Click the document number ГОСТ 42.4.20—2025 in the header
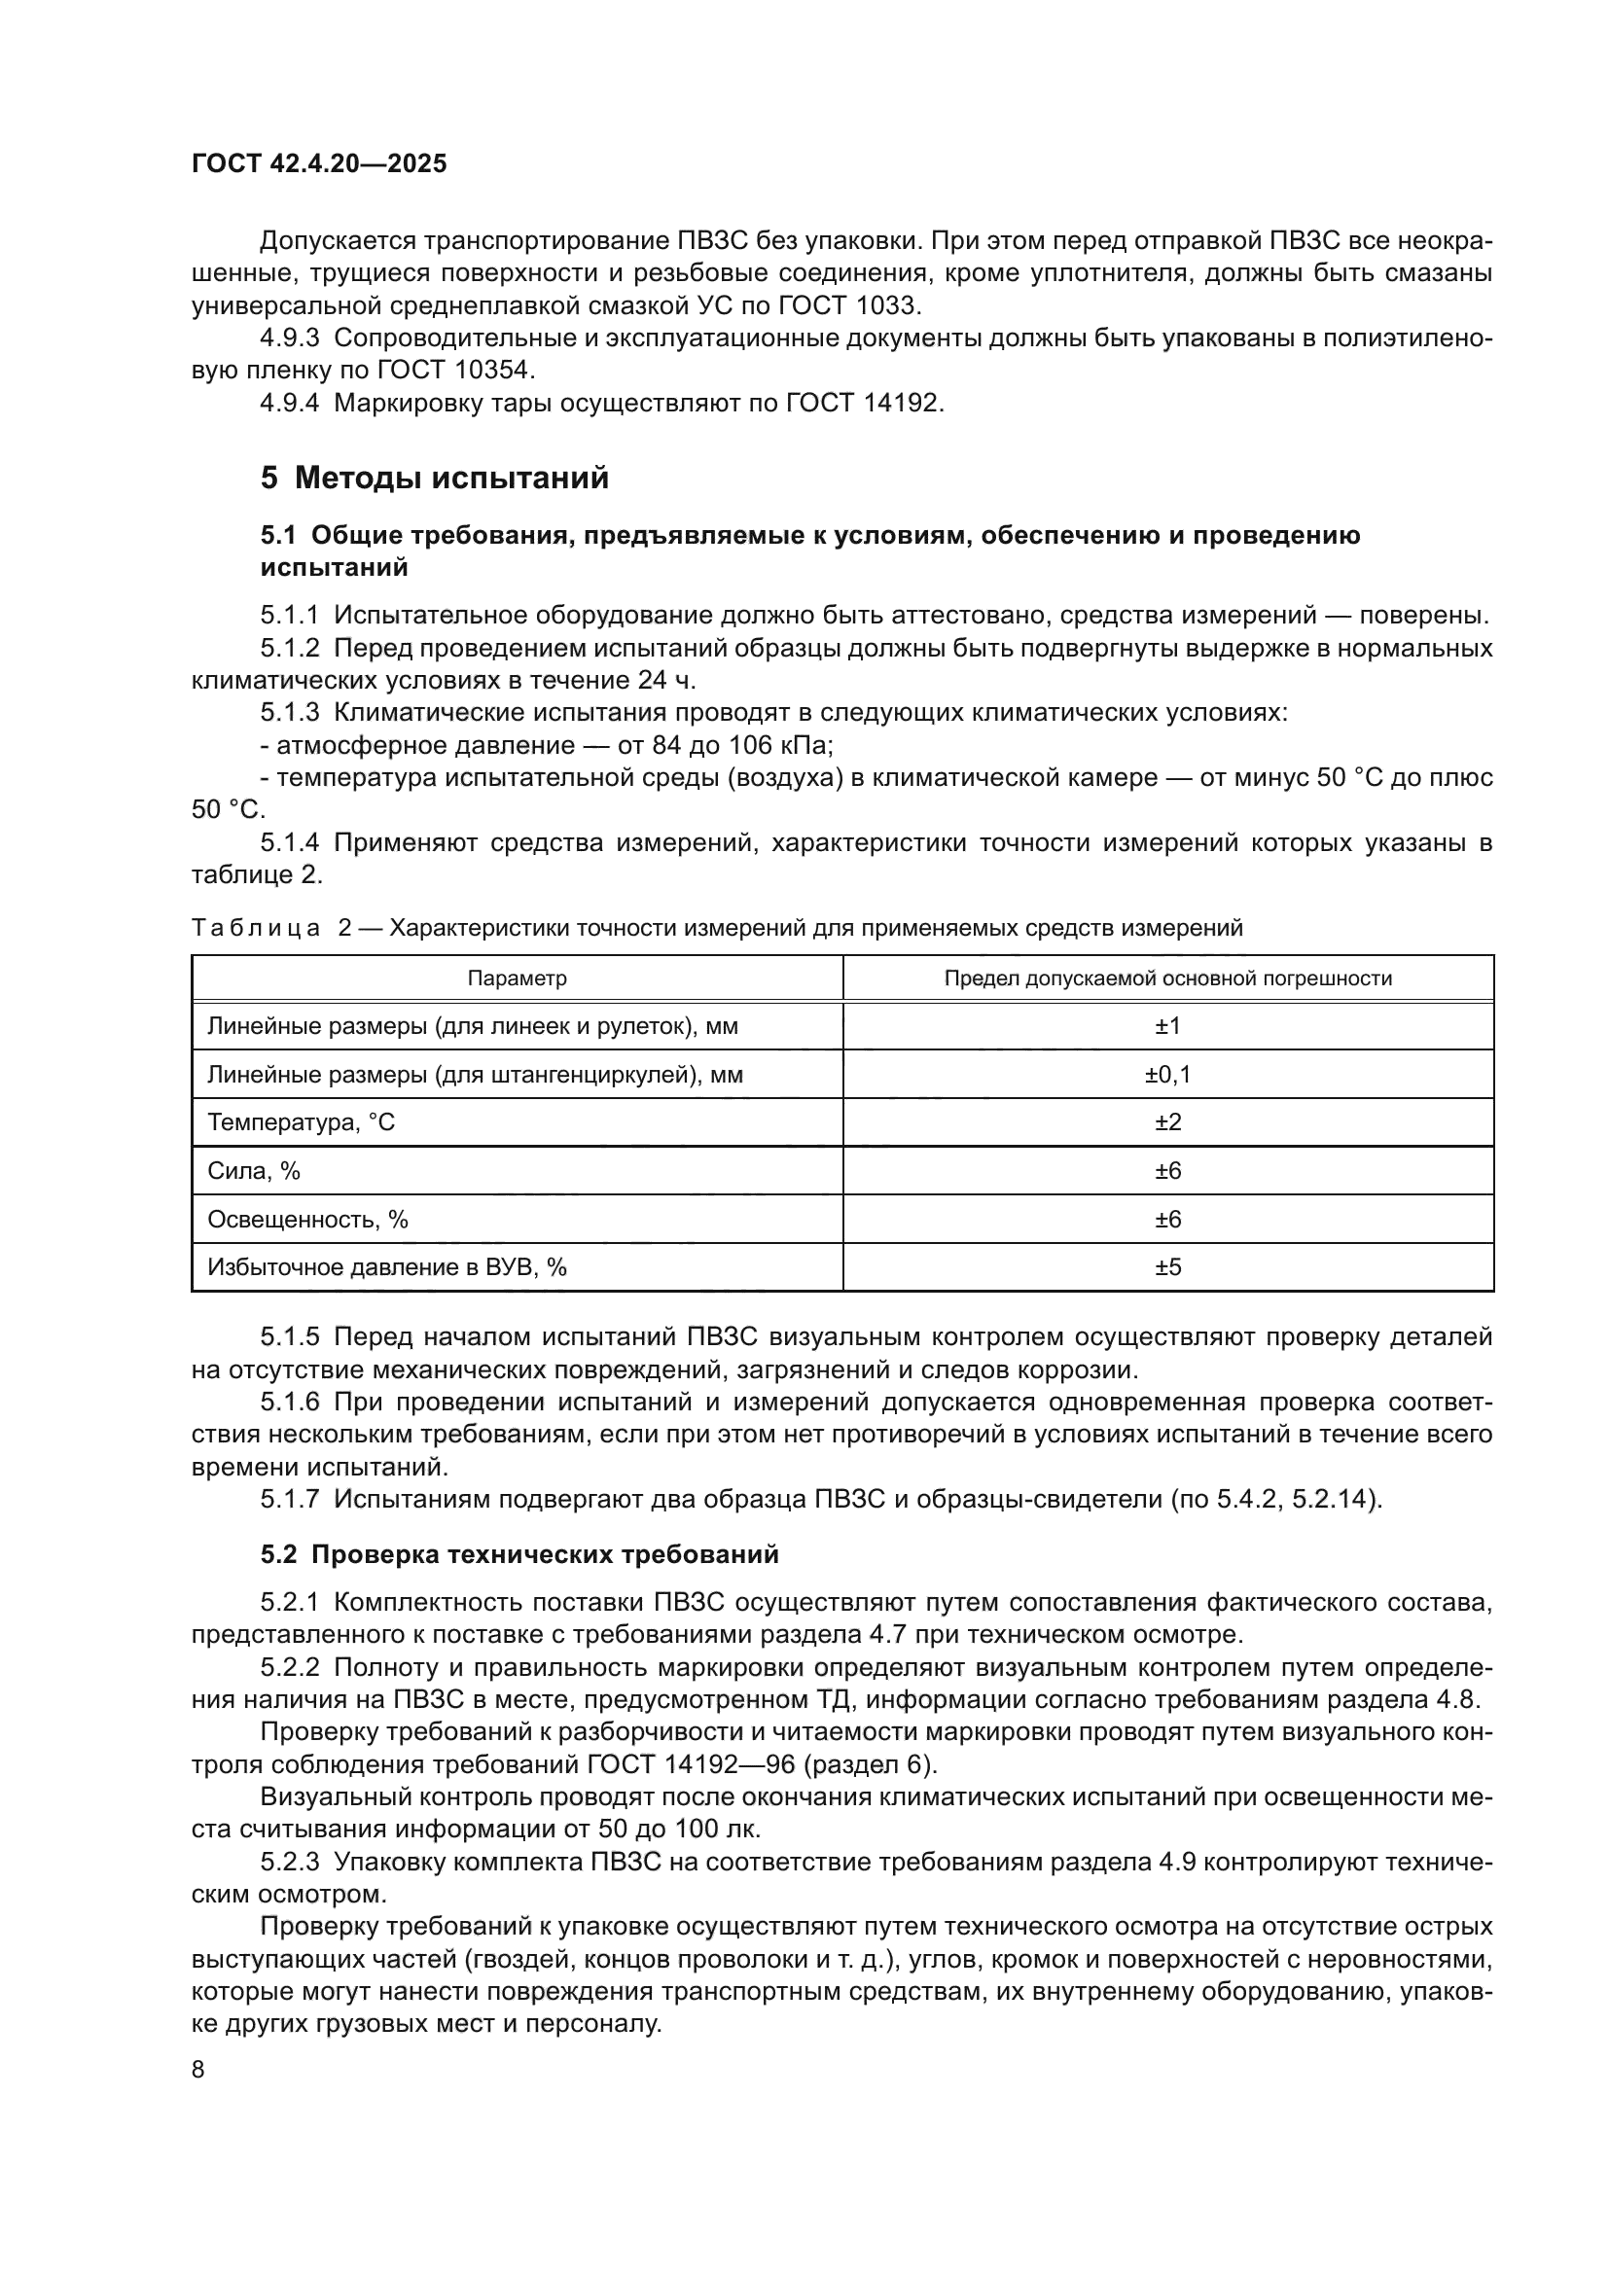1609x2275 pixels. (x=319, y=163)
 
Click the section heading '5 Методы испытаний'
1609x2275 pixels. (x=434, y=479)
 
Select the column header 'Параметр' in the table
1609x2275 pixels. (x=517, y=979)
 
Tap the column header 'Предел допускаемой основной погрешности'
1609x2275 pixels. (x=1167, y=979)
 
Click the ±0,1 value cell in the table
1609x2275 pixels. (x=1167, y=1075)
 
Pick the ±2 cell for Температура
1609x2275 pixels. (x=1167, y=1122)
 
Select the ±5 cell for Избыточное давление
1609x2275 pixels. (x=1167, y=1267)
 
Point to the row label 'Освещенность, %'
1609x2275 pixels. (x=307, y=1220)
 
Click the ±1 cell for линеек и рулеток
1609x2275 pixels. (x=1167, y=1026)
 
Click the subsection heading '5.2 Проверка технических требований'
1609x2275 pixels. (x=519, y=1554)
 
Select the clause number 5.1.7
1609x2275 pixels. (x=289, y=1499)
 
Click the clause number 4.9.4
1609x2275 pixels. (x=289, y=404)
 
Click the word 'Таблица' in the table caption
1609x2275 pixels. (x=256, y=929)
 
